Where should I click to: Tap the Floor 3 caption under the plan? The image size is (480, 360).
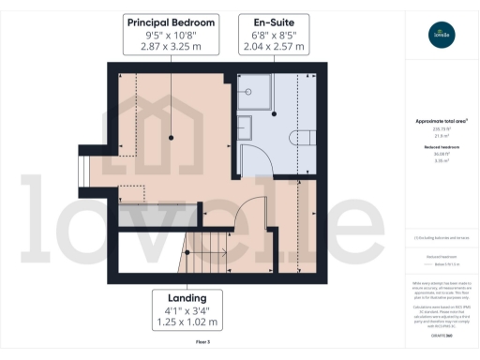point(202,342)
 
